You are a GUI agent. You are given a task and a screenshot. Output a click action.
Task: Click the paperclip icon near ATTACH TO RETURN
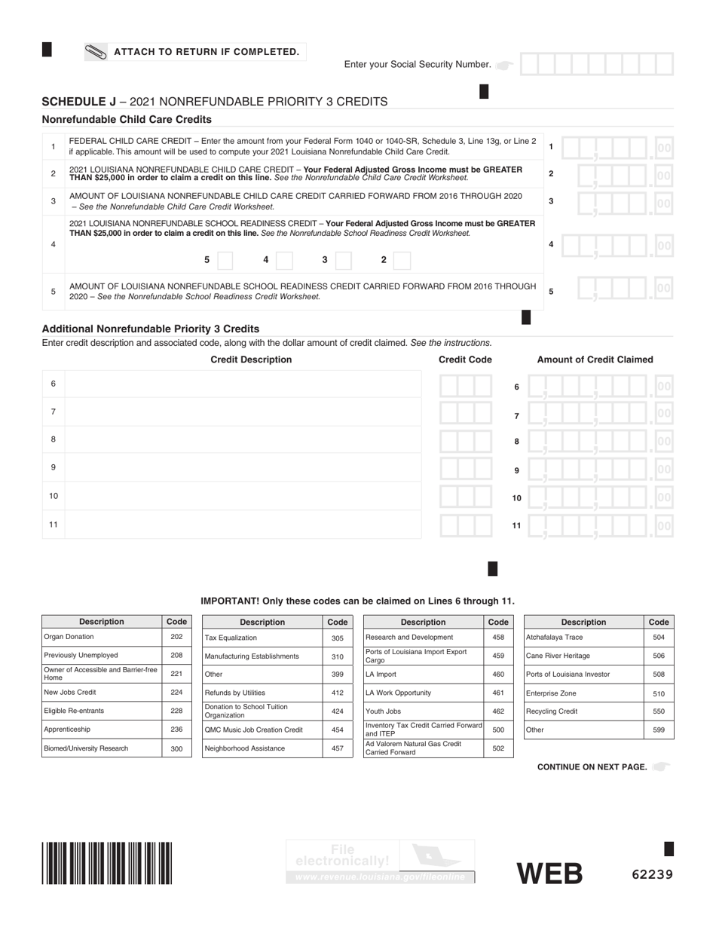tap(96, 52)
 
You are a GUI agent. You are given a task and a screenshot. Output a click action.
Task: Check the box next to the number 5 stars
tap(225, 260)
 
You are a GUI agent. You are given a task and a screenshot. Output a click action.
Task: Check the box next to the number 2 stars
tap(402, 260)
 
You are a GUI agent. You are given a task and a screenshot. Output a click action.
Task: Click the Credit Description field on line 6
tap(243, 384)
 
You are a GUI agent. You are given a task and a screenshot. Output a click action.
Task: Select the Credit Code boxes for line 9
tap(466, 468)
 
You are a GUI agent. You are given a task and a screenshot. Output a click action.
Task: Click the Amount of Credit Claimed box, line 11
tap(599, 525)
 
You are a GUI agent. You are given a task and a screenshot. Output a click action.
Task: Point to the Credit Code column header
tap(465, 359)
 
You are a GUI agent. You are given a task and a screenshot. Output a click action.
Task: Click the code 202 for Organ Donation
tap(176, 637)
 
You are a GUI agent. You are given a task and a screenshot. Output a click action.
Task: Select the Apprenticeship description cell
tap(101, 730)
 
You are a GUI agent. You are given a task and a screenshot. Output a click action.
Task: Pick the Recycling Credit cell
tap(583, 711)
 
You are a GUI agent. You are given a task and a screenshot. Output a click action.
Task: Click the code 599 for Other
tap(659, 730)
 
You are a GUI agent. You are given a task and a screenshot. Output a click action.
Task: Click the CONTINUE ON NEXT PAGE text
tap(592, 766)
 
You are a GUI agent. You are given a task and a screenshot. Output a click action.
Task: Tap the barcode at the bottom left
tap(107, 863)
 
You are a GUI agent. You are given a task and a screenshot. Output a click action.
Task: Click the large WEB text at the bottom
tap(549, 873)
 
